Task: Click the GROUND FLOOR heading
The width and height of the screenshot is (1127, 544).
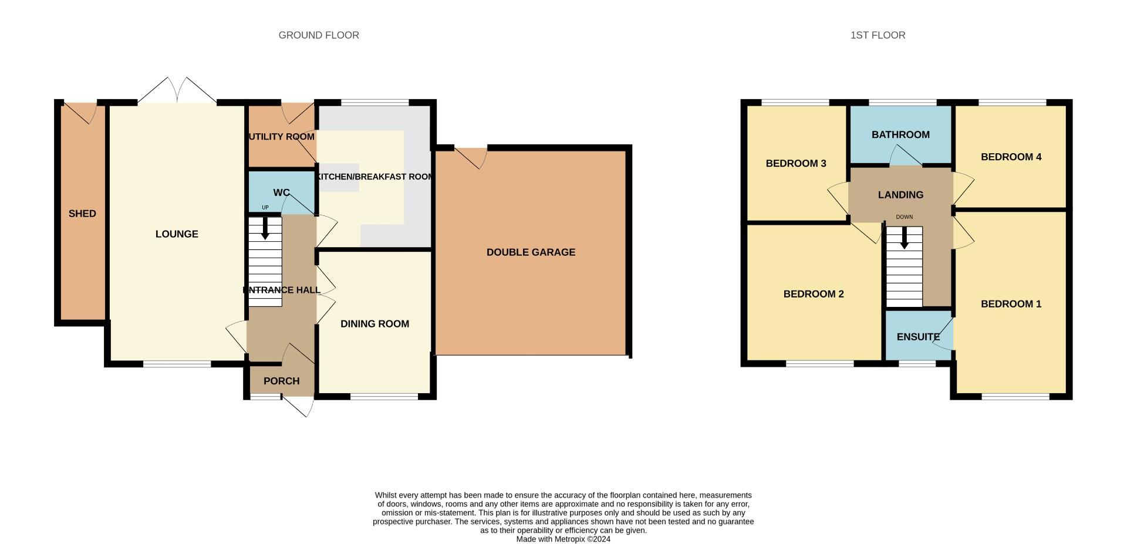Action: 319,35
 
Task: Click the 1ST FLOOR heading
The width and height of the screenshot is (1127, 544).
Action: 878,35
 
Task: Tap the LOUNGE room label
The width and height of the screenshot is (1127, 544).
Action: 177,234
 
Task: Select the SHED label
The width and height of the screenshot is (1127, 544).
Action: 82,214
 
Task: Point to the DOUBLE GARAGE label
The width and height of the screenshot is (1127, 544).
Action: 531,252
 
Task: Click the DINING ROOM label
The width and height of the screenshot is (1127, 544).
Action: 374,324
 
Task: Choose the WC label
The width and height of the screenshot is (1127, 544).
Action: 281,192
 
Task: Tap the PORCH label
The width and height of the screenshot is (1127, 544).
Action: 281,381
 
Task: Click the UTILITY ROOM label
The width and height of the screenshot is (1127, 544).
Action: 282,137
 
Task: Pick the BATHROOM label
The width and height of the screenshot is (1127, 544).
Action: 900,135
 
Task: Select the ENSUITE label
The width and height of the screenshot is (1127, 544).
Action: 918,337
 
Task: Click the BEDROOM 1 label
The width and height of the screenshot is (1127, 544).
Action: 1011,304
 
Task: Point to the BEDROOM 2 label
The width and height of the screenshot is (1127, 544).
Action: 814,294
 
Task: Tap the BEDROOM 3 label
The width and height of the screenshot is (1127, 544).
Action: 796,163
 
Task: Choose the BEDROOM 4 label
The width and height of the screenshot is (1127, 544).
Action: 1011,157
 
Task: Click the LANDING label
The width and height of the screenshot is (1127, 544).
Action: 900,195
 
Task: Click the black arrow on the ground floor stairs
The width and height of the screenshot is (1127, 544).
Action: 265,229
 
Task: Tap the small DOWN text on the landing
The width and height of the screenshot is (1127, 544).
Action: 904,217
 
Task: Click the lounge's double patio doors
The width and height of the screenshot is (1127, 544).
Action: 177,91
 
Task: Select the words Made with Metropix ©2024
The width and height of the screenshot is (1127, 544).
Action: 563,539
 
